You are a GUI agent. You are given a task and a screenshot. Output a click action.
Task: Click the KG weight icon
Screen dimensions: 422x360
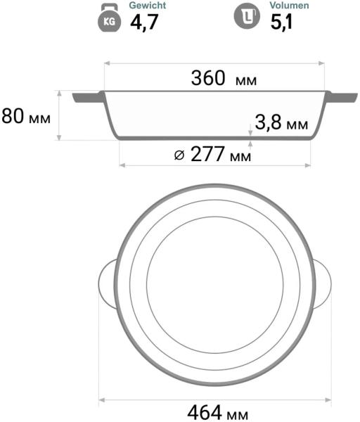[110, 20]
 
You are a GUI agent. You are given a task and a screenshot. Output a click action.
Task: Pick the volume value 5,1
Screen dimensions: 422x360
[283, 23]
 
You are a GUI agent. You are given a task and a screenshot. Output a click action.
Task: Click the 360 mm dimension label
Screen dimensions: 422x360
[224, 79]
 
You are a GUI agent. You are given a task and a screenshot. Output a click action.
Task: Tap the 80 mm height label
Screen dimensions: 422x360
[27, 116]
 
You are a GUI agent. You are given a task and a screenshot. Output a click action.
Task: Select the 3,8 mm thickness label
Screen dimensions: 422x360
[281, 124]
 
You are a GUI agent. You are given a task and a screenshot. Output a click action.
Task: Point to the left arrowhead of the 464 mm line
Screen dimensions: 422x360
[100, 399]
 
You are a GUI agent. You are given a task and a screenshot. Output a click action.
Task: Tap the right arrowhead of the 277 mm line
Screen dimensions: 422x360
[309, 165]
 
